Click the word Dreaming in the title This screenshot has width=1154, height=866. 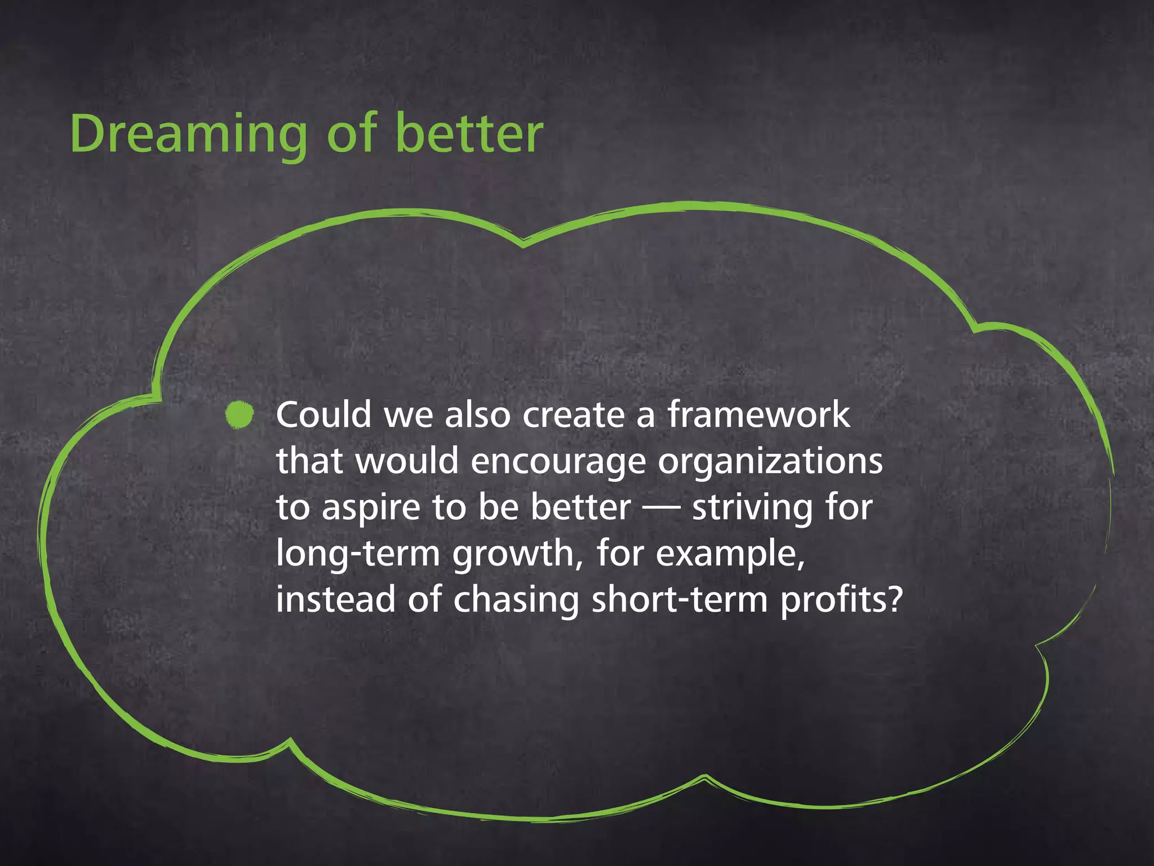pyautogui.click(x=188, y=134)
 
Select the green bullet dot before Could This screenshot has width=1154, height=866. pyautogui.click(x=239, y=415)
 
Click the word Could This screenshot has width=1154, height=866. pyautogui.click(x=323, y=415)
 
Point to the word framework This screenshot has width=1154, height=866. pyautogui.click(x=758, y=415)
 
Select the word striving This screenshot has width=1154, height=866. pyautogui.click(x=753, y=509)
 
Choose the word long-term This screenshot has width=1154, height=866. pyautogui.click(x=357, y=554)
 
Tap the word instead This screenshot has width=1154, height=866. pyautogui.click(x=335, y=600)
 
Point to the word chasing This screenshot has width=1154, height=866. pyautogui.click(x=516, y=600)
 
